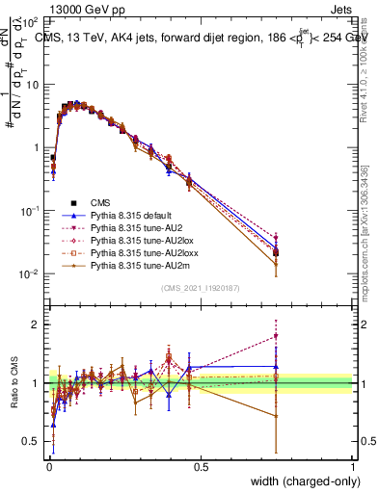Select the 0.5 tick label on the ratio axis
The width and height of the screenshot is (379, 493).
pos(33,443)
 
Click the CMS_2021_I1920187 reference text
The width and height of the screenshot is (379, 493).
pos(201,288)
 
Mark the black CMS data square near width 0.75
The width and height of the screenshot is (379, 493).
pos(276,253)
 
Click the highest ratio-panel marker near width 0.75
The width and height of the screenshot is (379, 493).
pos(276,336)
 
